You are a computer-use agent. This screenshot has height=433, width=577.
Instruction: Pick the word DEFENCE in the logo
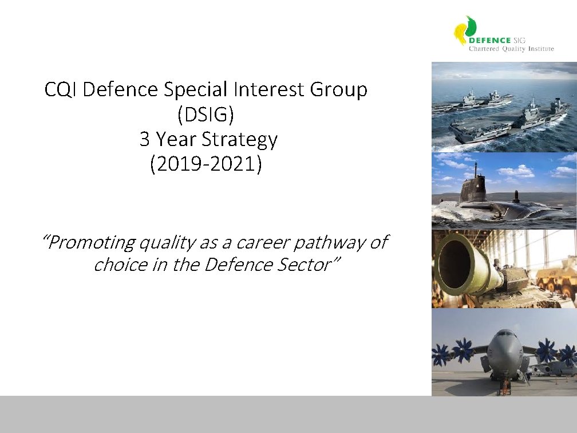pyautogui.click(x=490, y=41)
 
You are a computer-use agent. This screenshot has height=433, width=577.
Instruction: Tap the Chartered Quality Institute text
pyautogui.click(x=511, y=49)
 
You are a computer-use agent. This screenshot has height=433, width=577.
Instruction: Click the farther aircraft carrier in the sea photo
pyautogui.click(x=472, y=101)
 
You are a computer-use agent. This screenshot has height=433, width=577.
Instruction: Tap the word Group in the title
pyautogui.click(x=339, y=90)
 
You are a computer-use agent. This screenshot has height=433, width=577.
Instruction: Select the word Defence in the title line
pyautogui.click(x=120, y=89)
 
